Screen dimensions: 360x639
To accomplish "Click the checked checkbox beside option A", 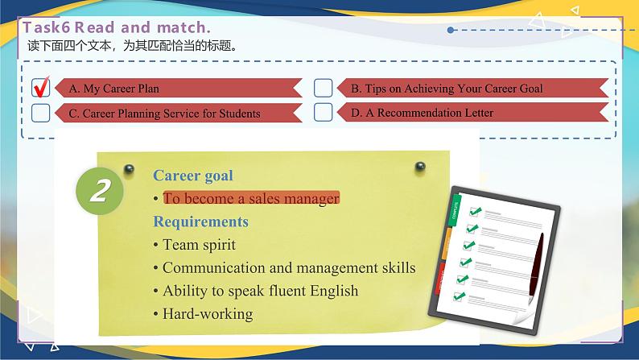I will pos(40,87).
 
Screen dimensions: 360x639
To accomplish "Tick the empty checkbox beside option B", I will pos(323,88).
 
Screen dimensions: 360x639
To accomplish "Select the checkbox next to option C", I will pos(40,112).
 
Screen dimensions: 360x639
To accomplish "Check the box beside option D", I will pos(323,112).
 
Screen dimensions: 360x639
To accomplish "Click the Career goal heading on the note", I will pos(193,175).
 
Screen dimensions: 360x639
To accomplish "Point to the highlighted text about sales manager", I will pos(251,198).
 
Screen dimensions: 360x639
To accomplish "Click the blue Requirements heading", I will pos(200,221).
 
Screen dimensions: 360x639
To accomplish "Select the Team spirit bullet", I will pos(199,244).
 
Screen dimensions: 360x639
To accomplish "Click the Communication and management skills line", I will pos(288,267).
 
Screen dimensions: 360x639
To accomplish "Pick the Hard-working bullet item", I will pos(207,314).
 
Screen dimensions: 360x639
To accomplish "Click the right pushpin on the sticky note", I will pos(419,167).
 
